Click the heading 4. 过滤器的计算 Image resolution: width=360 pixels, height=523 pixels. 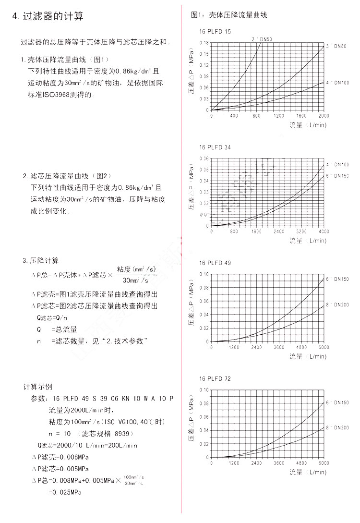(x=48, y=16)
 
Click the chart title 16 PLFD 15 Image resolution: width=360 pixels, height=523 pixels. (x=215, y=31)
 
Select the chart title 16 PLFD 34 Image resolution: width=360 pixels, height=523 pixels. (x=215, y=147)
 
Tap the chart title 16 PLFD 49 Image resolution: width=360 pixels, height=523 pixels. (x=215, y=263)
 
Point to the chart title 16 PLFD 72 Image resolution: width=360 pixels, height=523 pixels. (x=215, y=379)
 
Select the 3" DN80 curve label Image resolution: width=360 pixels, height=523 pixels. (x=337, y=47)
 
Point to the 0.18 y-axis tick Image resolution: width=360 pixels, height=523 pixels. (x=204, y=43)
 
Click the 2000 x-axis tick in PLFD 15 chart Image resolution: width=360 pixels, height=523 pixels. (x=324, y=116)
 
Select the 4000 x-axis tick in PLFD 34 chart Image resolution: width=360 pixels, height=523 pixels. (x=324, y=231)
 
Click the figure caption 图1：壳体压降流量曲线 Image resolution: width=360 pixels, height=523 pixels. (x=229, y=15)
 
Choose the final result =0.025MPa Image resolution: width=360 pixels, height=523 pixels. (x=65, y=492)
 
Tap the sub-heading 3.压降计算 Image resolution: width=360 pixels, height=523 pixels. (x=40, y=260)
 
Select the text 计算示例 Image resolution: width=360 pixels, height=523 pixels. (x=38, y=387)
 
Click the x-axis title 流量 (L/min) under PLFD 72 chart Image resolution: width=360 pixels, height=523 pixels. (x=308, y=472)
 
